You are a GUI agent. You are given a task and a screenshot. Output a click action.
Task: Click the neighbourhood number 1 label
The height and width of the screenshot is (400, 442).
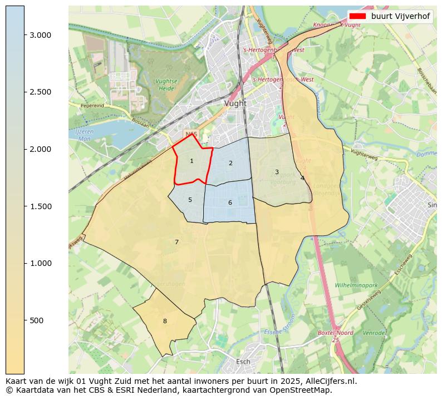(191, 161)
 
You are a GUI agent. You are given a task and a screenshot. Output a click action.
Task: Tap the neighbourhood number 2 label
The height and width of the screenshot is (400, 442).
(230, 164)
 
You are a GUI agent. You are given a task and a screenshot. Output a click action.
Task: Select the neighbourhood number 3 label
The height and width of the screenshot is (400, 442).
(277, 172)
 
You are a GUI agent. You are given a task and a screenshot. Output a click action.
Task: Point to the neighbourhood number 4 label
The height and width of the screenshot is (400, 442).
(302, 179)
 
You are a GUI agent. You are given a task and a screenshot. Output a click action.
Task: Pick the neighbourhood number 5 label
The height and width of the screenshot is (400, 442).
(190, 200)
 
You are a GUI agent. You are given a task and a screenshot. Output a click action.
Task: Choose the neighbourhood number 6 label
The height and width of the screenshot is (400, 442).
(230, 203)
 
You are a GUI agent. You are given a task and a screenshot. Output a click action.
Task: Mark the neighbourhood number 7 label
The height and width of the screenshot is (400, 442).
(176, 243)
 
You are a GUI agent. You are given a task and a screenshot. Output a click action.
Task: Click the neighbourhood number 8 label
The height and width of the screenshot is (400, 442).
(165, 322)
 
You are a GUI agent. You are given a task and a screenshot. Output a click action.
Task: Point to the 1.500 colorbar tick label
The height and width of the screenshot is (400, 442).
(40, 206)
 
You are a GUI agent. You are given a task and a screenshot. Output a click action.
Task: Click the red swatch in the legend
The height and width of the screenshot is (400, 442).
(358, 16)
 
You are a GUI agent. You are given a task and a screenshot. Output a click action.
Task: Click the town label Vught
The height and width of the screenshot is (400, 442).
(235, 103)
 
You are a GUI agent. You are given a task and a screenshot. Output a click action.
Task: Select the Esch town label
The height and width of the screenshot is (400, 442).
(243, 362)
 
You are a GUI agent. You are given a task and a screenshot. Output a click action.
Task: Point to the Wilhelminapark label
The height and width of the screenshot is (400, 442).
(356, 285)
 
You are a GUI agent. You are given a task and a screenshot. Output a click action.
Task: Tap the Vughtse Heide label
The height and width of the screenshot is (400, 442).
(166, 85)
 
